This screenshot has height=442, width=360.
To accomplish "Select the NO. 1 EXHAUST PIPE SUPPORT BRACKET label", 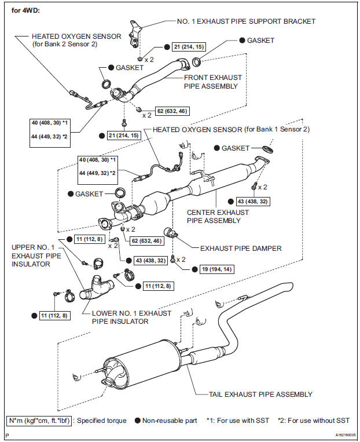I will coord(246,21).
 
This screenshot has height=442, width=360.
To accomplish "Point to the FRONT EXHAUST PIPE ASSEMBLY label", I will coord(212,82).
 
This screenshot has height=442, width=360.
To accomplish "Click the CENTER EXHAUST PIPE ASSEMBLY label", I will coord(218,216).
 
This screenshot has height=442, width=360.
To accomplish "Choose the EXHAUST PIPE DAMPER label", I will coord(241,248).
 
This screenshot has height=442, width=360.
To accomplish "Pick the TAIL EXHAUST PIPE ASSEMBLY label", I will coord(260,394).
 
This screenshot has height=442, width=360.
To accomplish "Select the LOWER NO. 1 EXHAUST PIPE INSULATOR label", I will coord(131,317).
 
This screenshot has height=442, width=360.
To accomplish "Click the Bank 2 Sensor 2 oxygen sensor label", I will coord(76,40).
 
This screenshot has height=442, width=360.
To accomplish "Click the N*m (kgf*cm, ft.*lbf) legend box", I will coord(40,420).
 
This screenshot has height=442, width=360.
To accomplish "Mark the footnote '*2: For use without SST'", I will coord(313,420).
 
